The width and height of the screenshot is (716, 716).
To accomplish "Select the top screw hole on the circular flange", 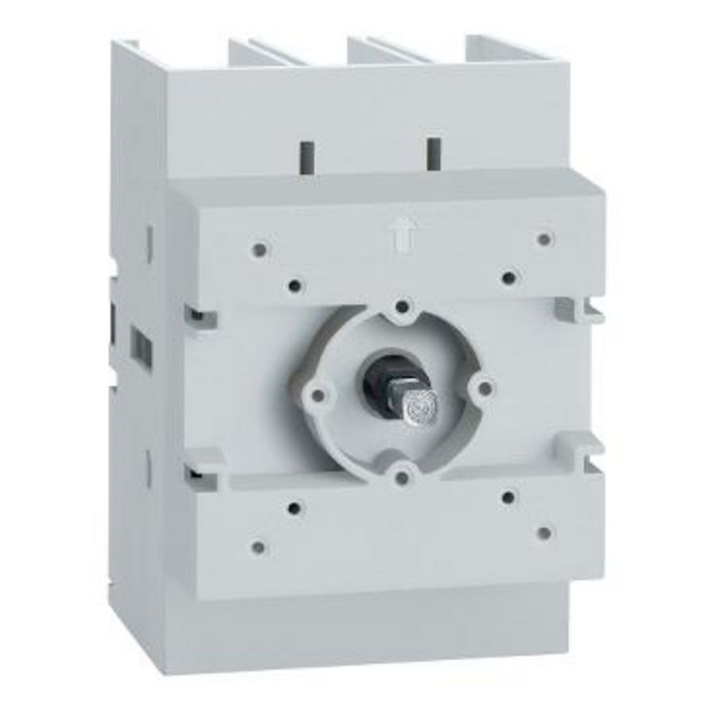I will point(403,306).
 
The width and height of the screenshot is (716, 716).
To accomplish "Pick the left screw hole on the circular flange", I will point(319,392).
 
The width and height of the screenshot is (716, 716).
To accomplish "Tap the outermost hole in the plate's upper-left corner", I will point(259,250).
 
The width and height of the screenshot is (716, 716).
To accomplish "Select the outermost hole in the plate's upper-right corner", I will point(543,239).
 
